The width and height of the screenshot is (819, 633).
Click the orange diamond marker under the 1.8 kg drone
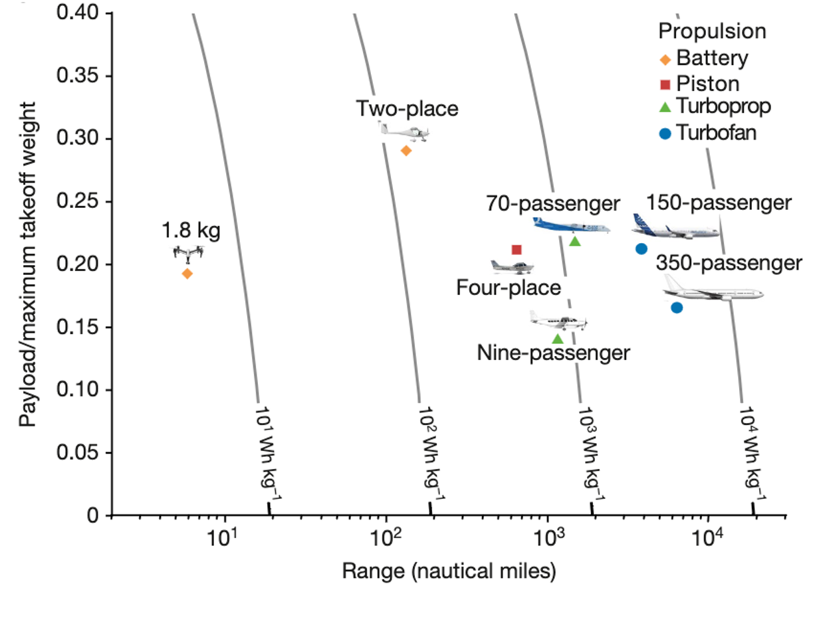pyautogui.click(x=187, y=274)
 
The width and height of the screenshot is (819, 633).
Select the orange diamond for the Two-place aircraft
pyautogui.click(x=406, y=151)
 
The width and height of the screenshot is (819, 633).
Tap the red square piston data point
pyautogui.click(x=517, y=250)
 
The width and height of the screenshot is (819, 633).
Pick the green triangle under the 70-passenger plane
pyautogui.click(x=575, y=240)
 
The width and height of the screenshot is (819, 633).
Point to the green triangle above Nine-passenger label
pyautogui.click(x=558, y=339)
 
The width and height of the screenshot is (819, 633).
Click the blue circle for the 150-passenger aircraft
pyautogui.click(x=642, y=249)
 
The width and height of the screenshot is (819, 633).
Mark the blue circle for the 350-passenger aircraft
pyautogui.click(x=677, y=308)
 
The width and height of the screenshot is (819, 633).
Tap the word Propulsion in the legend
pyautogui.click(x=712, y=31)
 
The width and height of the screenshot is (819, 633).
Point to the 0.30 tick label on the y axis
pyautogui.click(x=80, y=139)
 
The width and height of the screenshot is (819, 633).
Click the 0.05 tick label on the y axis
pyautogui.click(x=80, y=453)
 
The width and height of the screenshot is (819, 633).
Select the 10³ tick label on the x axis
pyautogui.click(x=548, y=537)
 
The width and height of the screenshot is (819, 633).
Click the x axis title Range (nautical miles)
pyautogui.click(x=449, y=570)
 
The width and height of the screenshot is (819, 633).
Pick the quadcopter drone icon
pyautogui.click(x=188, y=253)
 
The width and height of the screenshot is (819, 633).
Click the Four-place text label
pyautogui.click(x=509, y=288)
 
